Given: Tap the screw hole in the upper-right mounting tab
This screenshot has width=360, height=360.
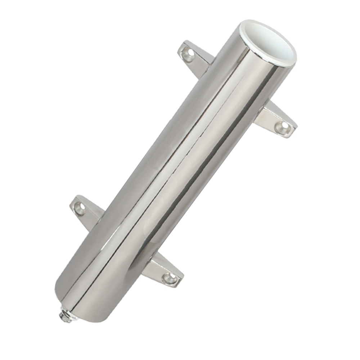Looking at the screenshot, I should pyautogui.click(x=282, y=127).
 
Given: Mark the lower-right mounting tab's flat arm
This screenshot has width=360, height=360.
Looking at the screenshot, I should pyautogui.click(x=160, y=270).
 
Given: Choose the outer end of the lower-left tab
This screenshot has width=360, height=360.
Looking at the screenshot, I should pyautogui.click(x=74, y=205).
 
